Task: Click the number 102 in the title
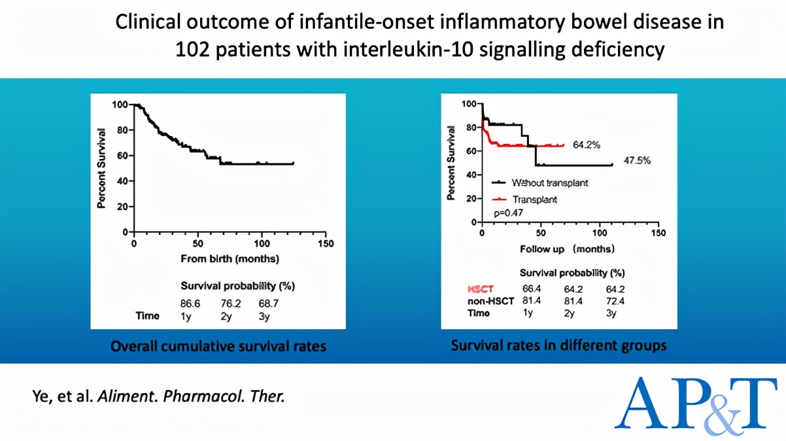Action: pyautogui.click(x=193, y=49)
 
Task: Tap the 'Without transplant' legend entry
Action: pyautogui.click(x=550, y=183)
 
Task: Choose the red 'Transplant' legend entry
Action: pyautogui.click(x=535, y=199)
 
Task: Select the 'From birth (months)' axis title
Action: pyautogui.click(x=230, y=259)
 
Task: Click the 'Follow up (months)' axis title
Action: pyautogui.click(x=567, y=249)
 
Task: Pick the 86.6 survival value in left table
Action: pyautogui.click(x=190, y=303)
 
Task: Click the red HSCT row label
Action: pyautogui.click(x=481, y=289)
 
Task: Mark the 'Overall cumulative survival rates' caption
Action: pyautogui.click(x=218, y=345)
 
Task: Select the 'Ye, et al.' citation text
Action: pyautogui.click(x=62, y=397)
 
